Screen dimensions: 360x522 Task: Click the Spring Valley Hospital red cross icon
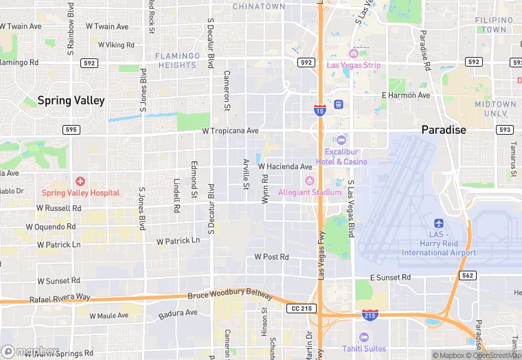pyautogui.click(x=80, y=181)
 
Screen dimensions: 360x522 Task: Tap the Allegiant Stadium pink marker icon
pyautogui.click(x=309, y=181)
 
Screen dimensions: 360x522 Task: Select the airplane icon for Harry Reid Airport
pyautogui.click(x=439, y=223)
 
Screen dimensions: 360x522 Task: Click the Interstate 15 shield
pyautogui.click(x=320, y=110)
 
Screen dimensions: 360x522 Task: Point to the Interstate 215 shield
pyautogui.click(x=370, y=314)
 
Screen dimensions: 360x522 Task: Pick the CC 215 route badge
pyautogui.click(x=302, y=308)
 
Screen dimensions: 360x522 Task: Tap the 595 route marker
pyautogui.click(x=71, y=129)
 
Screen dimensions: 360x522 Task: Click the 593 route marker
pyautogui.click(x=505, y=129)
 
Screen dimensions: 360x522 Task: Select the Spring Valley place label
pyautogui.click(x=71, y=100)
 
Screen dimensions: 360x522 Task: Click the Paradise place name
pyautogui.click(x=444, y=129)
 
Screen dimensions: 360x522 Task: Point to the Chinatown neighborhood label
pyautogui.click(x=258, y=6)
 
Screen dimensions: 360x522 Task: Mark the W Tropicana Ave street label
pyautogui.click(x=229, y=131)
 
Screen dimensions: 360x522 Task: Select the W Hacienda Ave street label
pyautogui.click(x=285, y=166)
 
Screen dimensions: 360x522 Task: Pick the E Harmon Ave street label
pyautogui.click(x=405, y=95)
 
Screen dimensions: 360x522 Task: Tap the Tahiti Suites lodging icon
pyautogui.click(x=364, y=337)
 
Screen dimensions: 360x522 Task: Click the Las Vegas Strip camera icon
pyautogui.click(x=354, y=54)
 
